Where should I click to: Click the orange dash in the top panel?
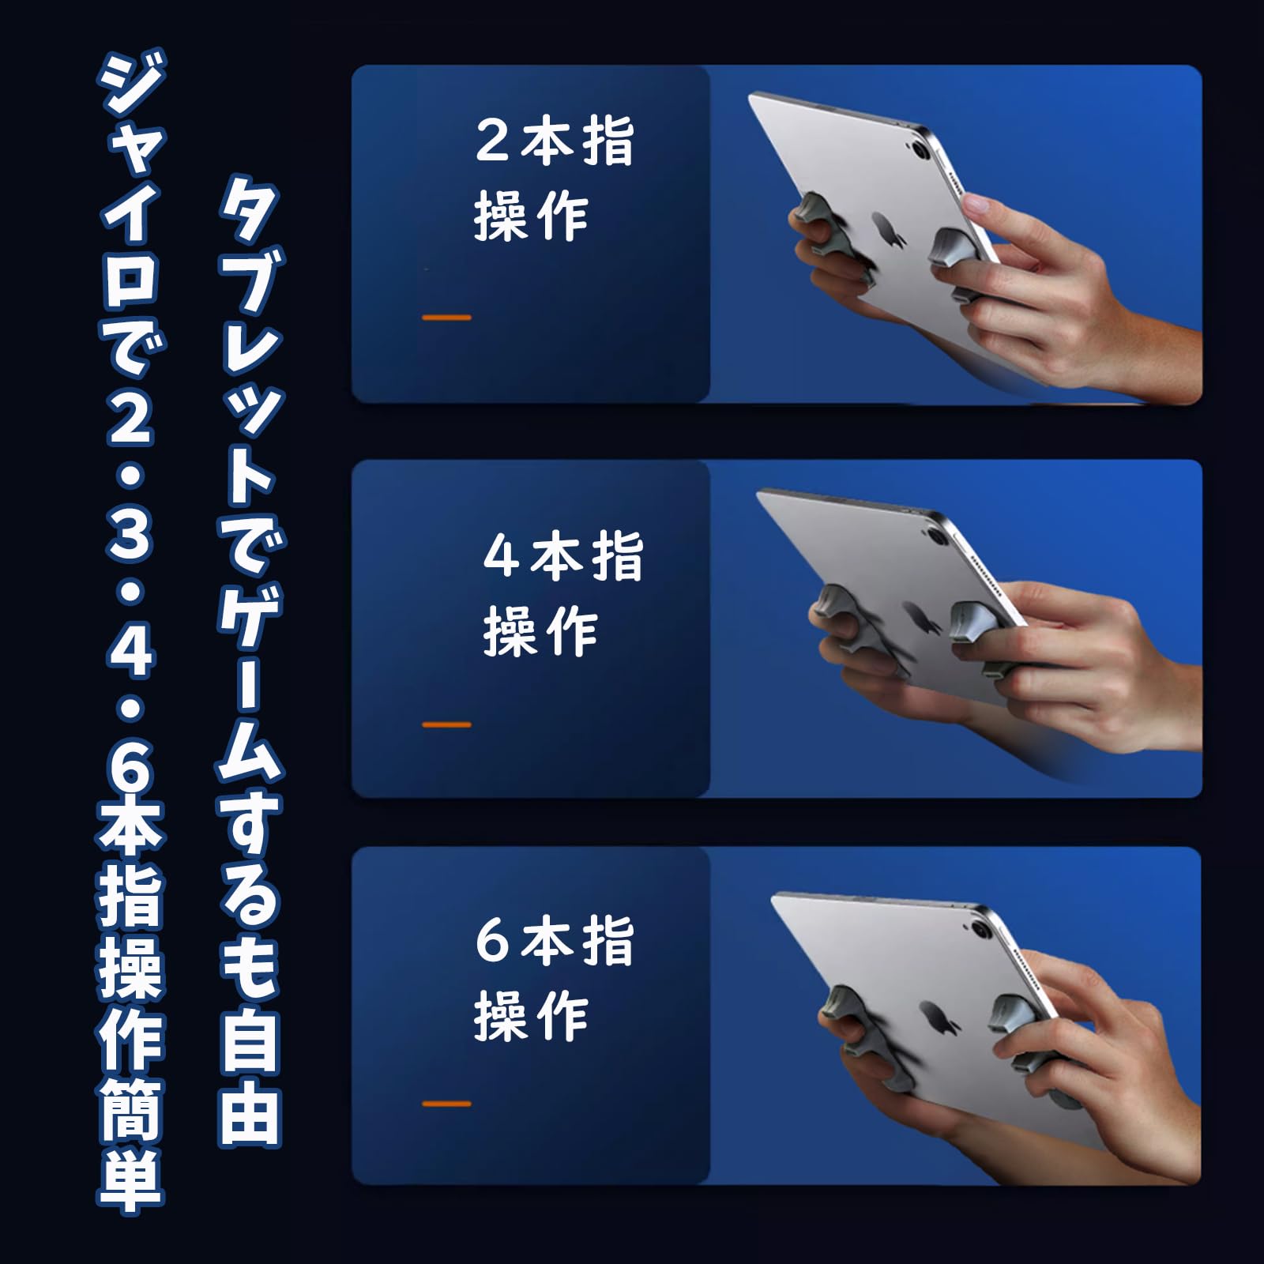pos(446,318)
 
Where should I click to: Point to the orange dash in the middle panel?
pos(446,724)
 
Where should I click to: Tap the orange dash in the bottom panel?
pos(446,1104)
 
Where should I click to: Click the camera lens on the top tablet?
pos(920,149)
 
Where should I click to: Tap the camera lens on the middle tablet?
pos(938,537)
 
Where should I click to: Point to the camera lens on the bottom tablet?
pos(984,927)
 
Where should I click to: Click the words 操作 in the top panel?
pos(531,217)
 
